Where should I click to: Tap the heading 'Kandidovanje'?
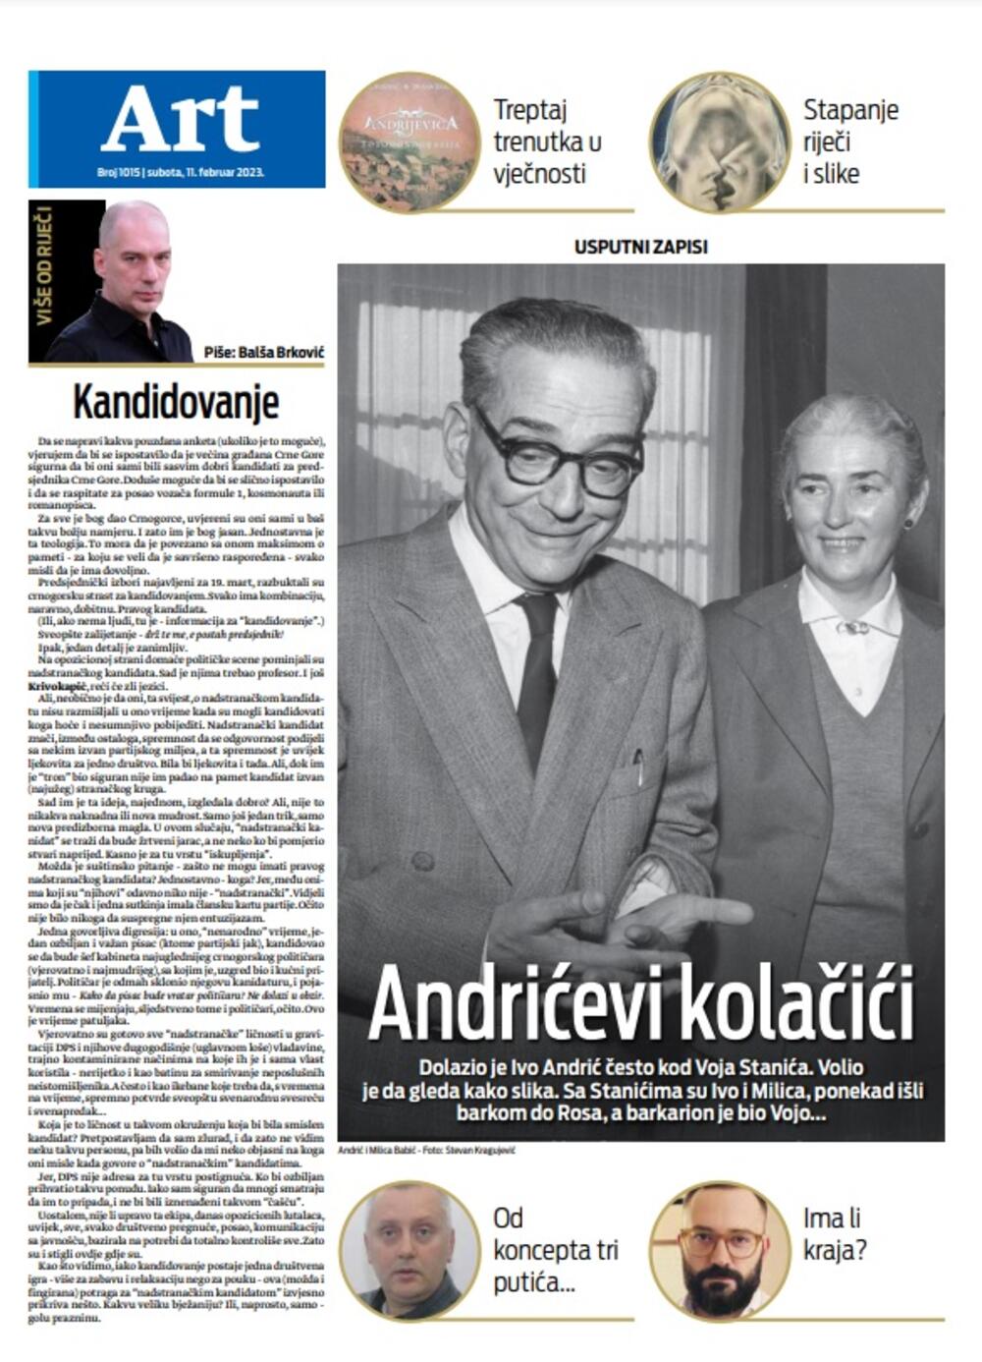point(176,403)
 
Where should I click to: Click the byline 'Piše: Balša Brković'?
point(263,353)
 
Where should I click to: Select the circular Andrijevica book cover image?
point(409,142)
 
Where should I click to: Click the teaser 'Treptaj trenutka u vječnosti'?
point(547,142)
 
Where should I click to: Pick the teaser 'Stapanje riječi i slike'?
point(850,142)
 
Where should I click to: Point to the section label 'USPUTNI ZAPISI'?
point(640,247)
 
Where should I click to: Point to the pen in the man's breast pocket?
point(638,767)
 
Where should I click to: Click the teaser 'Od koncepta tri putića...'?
point(555,1251)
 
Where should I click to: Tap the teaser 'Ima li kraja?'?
point(831,1234)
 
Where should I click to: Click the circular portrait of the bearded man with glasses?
point(720,1250)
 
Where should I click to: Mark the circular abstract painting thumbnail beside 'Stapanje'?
point(720,142)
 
